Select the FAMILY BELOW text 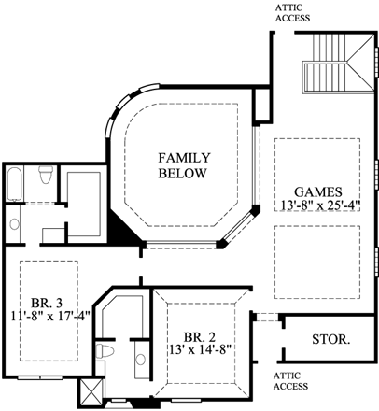point(184,164)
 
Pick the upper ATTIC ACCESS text point(292,12)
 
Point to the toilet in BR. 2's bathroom point(109,352)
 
